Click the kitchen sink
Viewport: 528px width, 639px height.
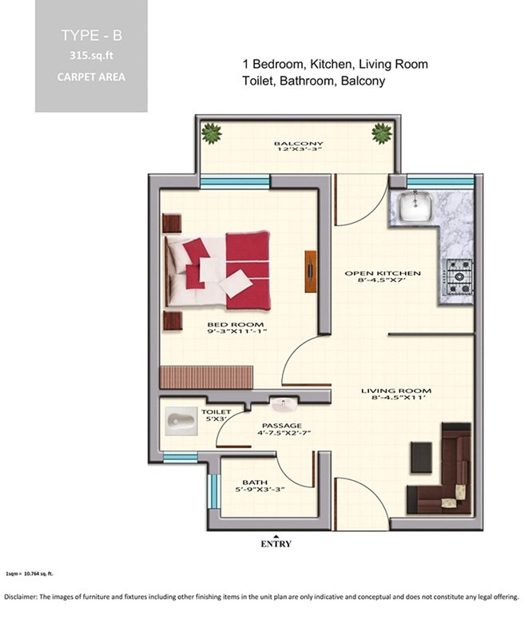(415, 208)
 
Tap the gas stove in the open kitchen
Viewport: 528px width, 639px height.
(459, 276)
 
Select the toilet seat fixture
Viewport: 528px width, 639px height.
(181, 422)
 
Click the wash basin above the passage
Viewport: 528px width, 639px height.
(283, 405)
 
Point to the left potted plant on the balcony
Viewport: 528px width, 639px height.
(212, 133)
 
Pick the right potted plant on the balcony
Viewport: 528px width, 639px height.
(381, 133)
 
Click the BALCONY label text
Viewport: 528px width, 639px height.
(298, 144)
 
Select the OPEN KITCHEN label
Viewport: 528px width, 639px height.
(383, 273)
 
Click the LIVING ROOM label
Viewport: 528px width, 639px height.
(396, 391)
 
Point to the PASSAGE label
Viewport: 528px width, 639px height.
(282, 426)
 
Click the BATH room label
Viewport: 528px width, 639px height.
(255, 482)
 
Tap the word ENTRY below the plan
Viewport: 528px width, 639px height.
(276, 544)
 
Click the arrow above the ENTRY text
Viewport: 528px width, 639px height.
(276, 536)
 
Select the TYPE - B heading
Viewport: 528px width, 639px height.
(92, 35)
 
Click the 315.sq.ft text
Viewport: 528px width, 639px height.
(91, 55)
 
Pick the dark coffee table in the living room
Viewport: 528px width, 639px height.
(421, 457)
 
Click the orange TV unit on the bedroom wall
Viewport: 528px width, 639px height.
(311, 271)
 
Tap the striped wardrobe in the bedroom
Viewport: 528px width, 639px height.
(207, 377)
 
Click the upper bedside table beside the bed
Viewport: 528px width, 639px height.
(172, 224)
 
